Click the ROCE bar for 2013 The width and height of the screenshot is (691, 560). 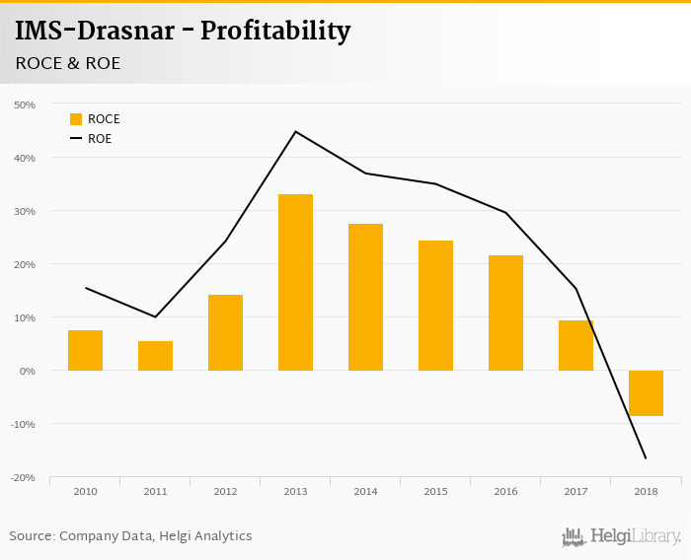pyautogui.click(x=295, y=282)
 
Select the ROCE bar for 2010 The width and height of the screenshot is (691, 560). pyautogui.click(x=85, y=350)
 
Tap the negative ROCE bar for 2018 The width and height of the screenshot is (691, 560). pyautogui.click(x=646, y=393)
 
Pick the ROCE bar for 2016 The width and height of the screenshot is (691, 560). pyautogui.click(x=505, y=313)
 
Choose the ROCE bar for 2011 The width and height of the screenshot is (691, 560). pyautogui.click(x=155, y=355)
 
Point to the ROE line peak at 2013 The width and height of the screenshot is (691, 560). pyautogui.click(x=295, y=131)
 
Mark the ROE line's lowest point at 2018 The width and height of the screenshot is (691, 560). pyautogui.click(x=646, y=457)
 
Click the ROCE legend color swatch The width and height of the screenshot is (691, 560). pyautogui.click(x=76, y=119)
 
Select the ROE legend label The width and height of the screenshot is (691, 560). pyautogui.click(x=100, y=139)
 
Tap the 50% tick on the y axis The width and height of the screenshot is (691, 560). pyautogui.click(x=24, y=105)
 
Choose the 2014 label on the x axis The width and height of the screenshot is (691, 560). pyautogui.click(x=365, y=491)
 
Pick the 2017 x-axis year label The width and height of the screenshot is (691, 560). pyautogui.click(x=576, y=491)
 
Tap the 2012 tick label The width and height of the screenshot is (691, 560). pyautogui.click(x=225, y=491)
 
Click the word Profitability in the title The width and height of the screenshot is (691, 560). pyautogui.click(x=275, y=32)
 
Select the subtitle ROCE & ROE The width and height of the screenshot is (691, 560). pyautogui.click(x=68, y=63)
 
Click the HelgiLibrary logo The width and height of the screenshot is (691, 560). pyautogui.click(x=621, y=537)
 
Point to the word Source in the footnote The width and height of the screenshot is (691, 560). pyautogui.click(x=32, y=536)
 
